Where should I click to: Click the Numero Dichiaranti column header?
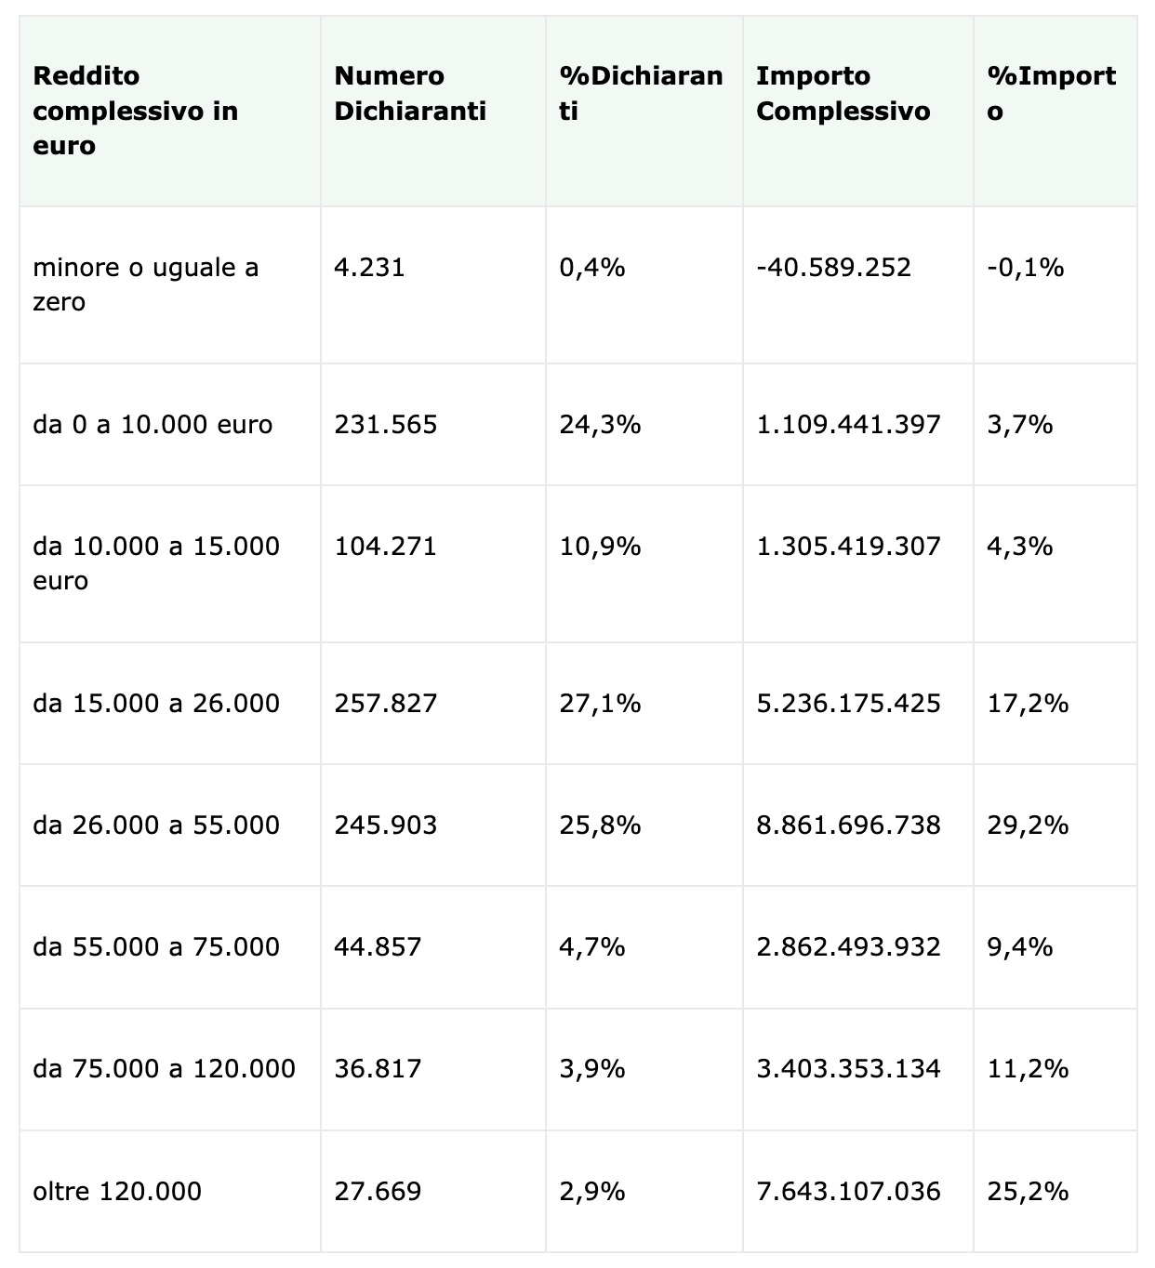410,93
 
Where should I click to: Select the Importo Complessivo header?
843,93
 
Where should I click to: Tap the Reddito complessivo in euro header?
136,111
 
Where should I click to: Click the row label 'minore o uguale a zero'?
146,284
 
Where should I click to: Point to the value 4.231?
370,268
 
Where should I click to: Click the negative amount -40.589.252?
834,268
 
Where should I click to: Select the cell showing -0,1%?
1026,268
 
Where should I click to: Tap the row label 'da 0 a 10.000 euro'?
153,425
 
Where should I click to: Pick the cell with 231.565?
385,425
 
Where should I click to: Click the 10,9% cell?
600,546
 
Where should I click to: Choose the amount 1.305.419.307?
848,546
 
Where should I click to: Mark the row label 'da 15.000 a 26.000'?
156,703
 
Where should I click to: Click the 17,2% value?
1028,703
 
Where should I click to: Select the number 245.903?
385,825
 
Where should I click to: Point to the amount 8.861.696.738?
848,825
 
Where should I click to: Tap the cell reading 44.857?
378,946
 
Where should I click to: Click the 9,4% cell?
1020,946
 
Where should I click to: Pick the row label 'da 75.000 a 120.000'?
164,1069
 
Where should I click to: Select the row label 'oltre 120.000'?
117,1191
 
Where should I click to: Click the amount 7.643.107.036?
848,1191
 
